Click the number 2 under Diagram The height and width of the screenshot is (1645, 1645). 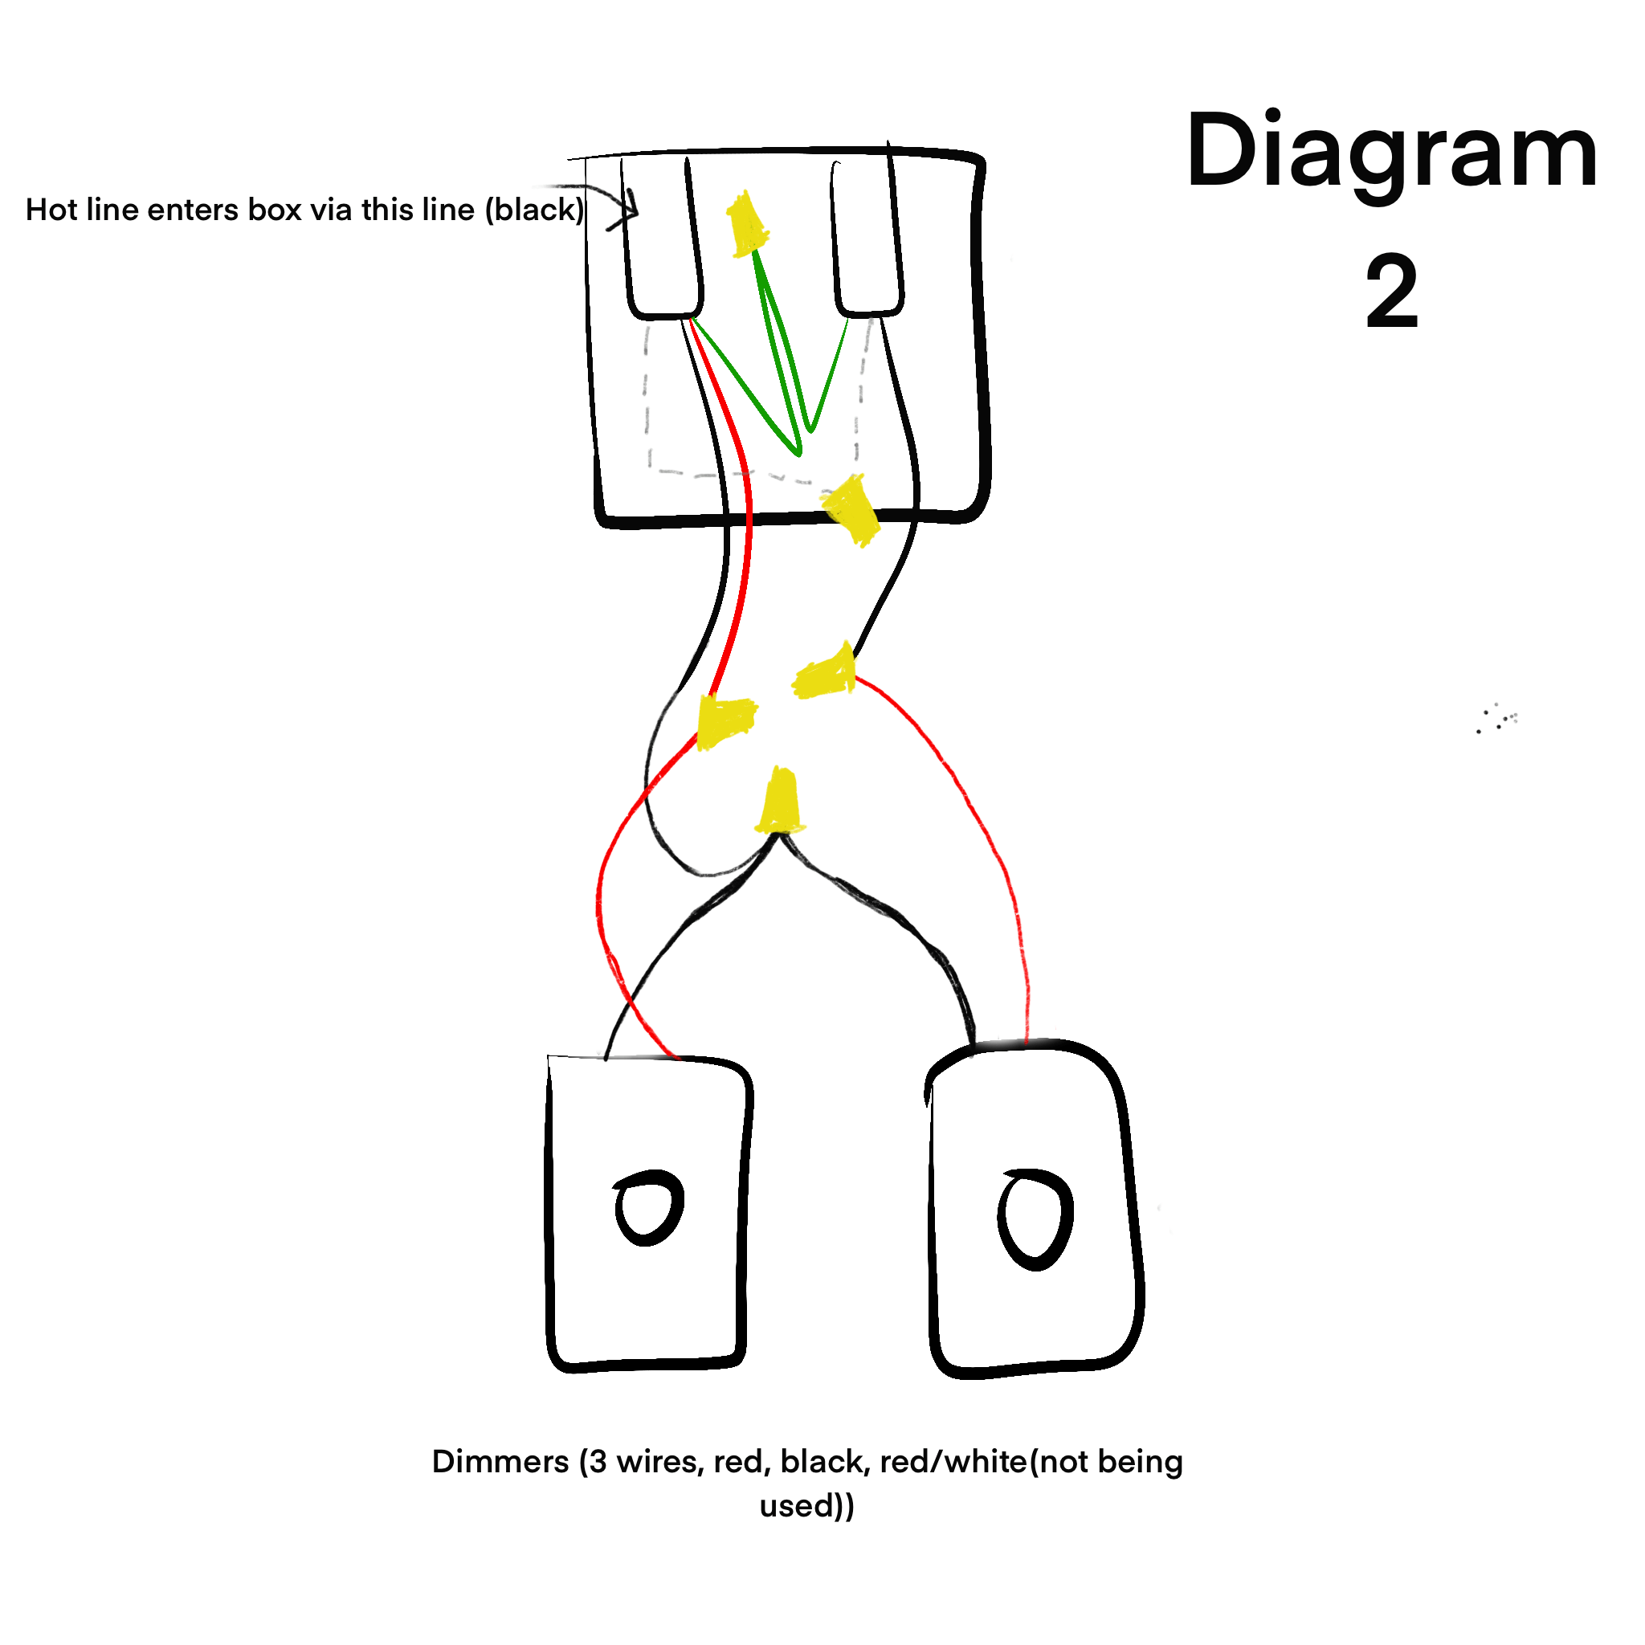1391,294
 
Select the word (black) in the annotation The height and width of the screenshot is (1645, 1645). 535,210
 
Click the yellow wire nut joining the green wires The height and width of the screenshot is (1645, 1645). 747,224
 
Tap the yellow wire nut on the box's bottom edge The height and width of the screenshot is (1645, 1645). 851,509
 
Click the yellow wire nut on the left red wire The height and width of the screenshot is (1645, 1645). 725,721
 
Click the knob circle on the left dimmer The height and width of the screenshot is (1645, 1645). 649,1208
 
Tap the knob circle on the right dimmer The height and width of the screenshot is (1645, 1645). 1035,1218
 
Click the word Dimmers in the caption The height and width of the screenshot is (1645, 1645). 500,1462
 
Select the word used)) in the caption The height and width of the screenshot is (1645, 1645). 806,1506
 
